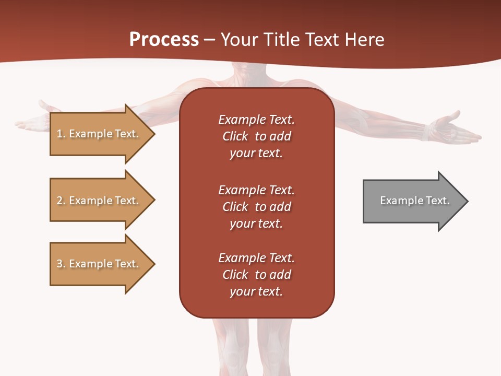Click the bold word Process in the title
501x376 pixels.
164,40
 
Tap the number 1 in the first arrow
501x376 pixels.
59,134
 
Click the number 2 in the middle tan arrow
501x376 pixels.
59,201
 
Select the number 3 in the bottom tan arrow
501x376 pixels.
59,264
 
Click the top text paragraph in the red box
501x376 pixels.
256,136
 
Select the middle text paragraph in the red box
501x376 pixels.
256,207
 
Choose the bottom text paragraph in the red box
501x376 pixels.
256,275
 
